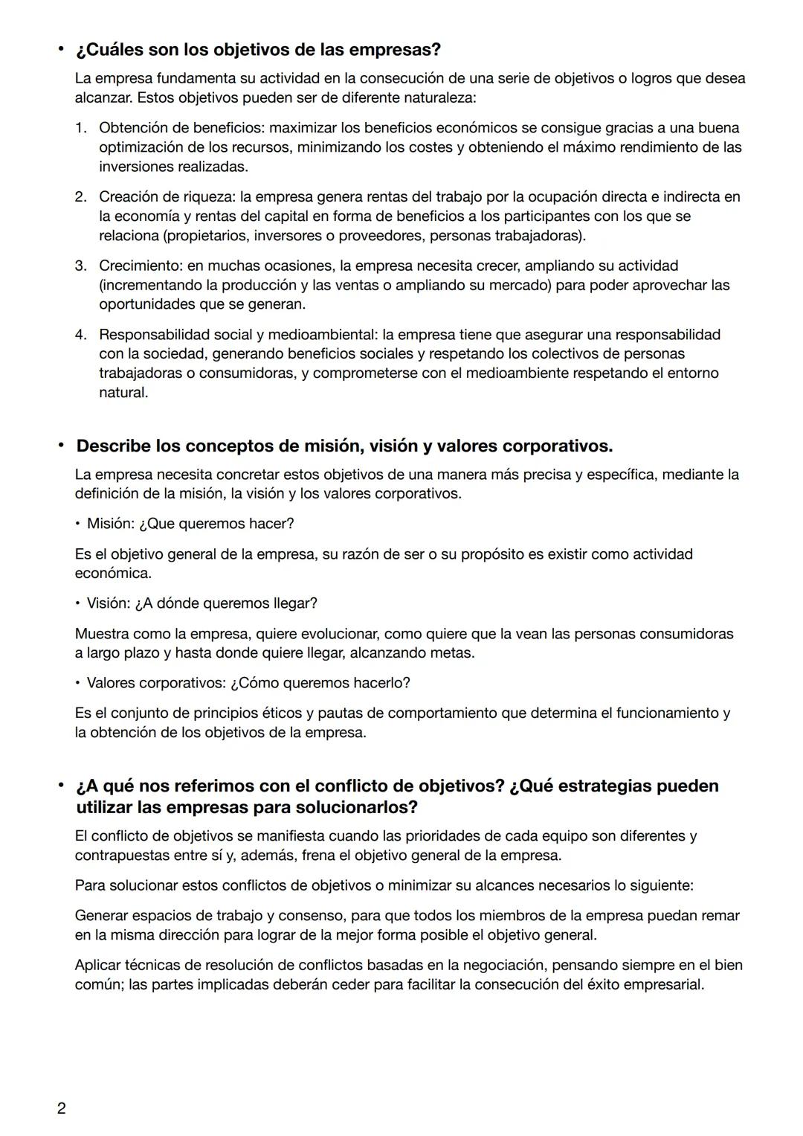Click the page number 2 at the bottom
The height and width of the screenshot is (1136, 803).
tap(61, 1108)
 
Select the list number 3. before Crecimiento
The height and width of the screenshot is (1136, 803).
tap(80, 266)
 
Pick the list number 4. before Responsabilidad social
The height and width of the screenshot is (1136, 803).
tap(80, 335)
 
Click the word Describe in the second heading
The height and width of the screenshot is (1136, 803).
tap(113, 446)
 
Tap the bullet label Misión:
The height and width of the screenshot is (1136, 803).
tap(111, 524)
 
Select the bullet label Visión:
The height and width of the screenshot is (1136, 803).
tap(109, 603)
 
